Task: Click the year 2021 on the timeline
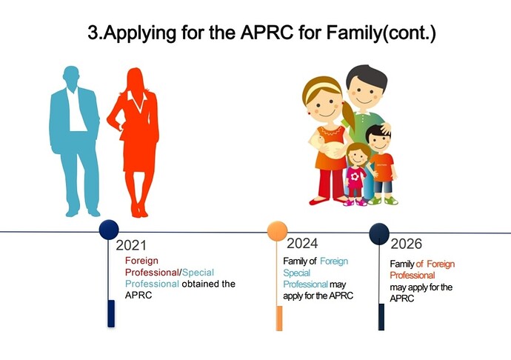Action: point(131,245)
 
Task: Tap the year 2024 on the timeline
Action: point(302,243)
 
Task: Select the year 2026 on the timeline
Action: point(406,244)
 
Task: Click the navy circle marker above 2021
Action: point(109,230)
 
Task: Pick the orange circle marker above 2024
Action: point(277,231)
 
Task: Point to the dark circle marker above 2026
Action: point(379,233)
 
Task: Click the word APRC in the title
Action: point(267,33)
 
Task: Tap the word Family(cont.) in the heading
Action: point(381,33)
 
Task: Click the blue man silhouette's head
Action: point(71,77)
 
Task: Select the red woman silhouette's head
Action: point(136,79)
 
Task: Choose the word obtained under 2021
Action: point(200,284)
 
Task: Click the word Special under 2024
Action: point(296,273)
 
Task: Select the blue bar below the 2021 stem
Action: point(111,313)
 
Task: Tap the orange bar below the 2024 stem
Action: point(279,319)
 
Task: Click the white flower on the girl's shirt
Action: point(355,176)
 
